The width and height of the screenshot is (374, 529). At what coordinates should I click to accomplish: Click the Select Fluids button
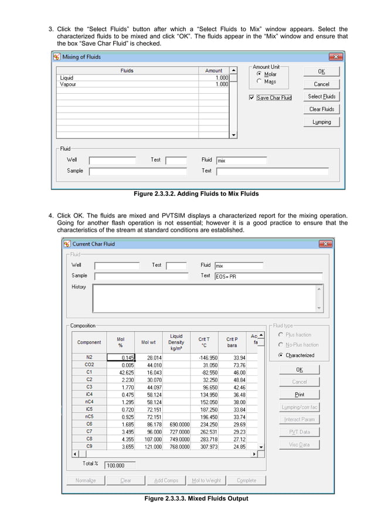tap(321, 97)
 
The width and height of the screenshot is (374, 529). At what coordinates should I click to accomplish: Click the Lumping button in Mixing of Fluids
tap(321, 122)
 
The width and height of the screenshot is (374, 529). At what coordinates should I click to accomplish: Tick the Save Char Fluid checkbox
tap(252, 98)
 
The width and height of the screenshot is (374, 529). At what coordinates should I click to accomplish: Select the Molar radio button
tap(259, 74)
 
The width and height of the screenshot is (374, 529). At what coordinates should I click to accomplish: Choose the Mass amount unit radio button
tap(259, 82)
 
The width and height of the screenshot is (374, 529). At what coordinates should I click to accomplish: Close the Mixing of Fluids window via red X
tap(335, 57)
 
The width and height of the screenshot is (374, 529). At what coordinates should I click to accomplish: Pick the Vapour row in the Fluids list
tap(68, 84)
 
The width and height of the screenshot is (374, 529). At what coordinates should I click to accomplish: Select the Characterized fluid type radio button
tap(281, 355)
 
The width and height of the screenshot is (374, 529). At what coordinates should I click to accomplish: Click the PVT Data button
tap(299, 432)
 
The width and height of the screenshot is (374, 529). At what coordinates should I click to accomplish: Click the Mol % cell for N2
tap(121, 357)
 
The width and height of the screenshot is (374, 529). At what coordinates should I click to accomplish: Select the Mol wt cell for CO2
tap(151, 365)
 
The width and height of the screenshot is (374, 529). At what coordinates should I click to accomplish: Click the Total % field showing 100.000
tap(120, 466)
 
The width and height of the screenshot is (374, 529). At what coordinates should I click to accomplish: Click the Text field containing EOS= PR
tap(268, 276)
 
